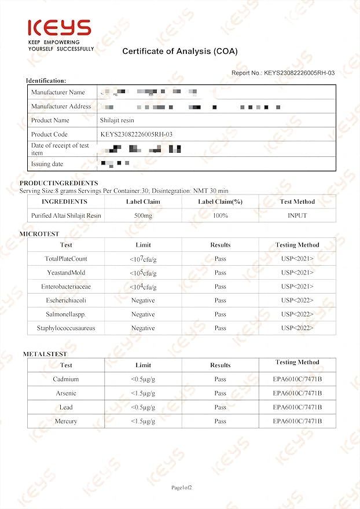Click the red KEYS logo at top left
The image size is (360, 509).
60,28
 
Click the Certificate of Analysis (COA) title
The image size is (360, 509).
179,52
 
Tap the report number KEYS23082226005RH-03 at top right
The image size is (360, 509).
283,73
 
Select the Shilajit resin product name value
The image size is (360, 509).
117,120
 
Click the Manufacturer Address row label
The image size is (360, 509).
61,107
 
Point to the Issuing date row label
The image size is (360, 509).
47,164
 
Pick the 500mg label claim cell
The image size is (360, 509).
143,215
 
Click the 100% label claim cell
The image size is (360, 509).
220,215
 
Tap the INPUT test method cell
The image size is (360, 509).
297,215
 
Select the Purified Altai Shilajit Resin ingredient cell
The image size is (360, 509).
66,215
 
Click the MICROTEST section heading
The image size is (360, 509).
39,234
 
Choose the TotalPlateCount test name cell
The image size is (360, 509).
66,259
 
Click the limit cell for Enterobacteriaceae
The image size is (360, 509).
143,287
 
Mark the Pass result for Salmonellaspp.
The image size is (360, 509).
220,314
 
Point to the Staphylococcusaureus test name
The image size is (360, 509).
66,328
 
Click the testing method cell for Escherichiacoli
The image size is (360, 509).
297,301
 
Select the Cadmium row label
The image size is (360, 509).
66,379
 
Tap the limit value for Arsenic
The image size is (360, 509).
143,393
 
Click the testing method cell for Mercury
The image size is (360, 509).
297,421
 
